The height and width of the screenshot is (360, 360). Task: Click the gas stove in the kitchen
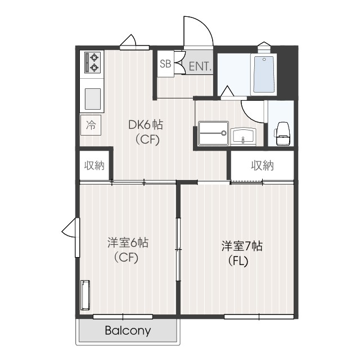[92, 62]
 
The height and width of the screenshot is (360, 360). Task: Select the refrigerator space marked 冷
[91, 125]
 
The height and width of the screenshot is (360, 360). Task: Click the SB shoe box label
[165, 64]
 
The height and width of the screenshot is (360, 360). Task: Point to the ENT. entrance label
[200, 66]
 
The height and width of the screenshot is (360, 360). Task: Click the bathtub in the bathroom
[263, 74]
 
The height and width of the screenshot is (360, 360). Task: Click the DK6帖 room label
[146, 124]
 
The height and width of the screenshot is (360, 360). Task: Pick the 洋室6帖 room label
[128, 243]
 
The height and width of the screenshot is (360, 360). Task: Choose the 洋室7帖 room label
[242, 246]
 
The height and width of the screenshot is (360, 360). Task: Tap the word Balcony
[128, 331]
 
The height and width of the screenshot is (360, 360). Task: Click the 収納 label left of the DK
[94, 165]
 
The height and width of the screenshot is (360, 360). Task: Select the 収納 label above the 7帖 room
[262, 165]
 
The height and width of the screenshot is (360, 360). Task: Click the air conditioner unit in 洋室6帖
[86, 295]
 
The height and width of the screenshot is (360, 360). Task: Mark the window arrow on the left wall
[68, 230]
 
